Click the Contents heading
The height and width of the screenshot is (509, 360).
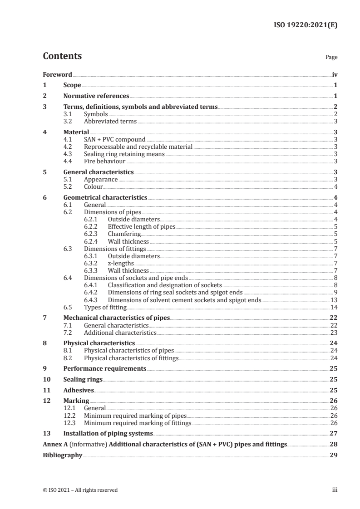[62, 56]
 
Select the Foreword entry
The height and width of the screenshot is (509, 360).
[57, 74]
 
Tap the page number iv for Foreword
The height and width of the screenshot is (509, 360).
[335, 74]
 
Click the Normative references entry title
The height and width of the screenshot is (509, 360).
[96, 96]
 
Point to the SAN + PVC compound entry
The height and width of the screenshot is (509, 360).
[115, 140]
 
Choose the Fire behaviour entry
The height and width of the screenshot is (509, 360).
[105, 161]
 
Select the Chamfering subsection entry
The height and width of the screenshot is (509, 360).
[124, 234]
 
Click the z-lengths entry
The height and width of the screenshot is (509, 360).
[121, 263]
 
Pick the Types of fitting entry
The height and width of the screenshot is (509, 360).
[105, 307]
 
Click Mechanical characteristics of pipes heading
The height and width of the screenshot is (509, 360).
[117, 318]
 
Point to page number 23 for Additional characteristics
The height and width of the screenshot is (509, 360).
[334, 333]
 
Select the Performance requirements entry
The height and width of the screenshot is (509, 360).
[105, 369]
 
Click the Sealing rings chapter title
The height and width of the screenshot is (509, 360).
[83, 380]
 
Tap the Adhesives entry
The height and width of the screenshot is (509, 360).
[79, 390]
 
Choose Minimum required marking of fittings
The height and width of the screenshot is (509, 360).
[138, 423]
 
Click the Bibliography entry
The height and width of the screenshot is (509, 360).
[63, 455]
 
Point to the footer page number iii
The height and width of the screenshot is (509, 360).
[335, 490]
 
